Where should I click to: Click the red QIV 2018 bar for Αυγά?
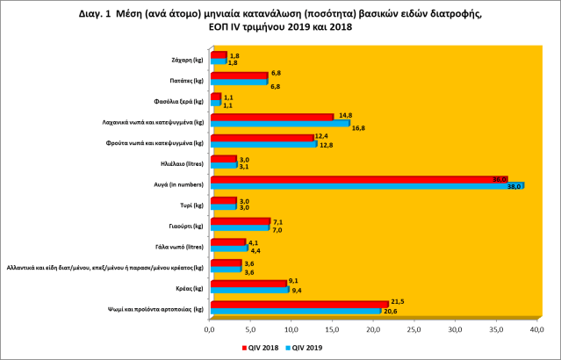[x=351, y=179]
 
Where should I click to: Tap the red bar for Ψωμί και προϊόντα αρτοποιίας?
[x=298, y=304]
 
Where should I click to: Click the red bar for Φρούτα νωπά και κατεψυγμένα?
[x=261, y=137]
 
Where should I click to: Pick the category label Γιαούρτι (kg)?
[x=187, y=225]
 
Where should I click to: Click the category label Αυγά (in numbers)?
[x=182, y=184]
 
